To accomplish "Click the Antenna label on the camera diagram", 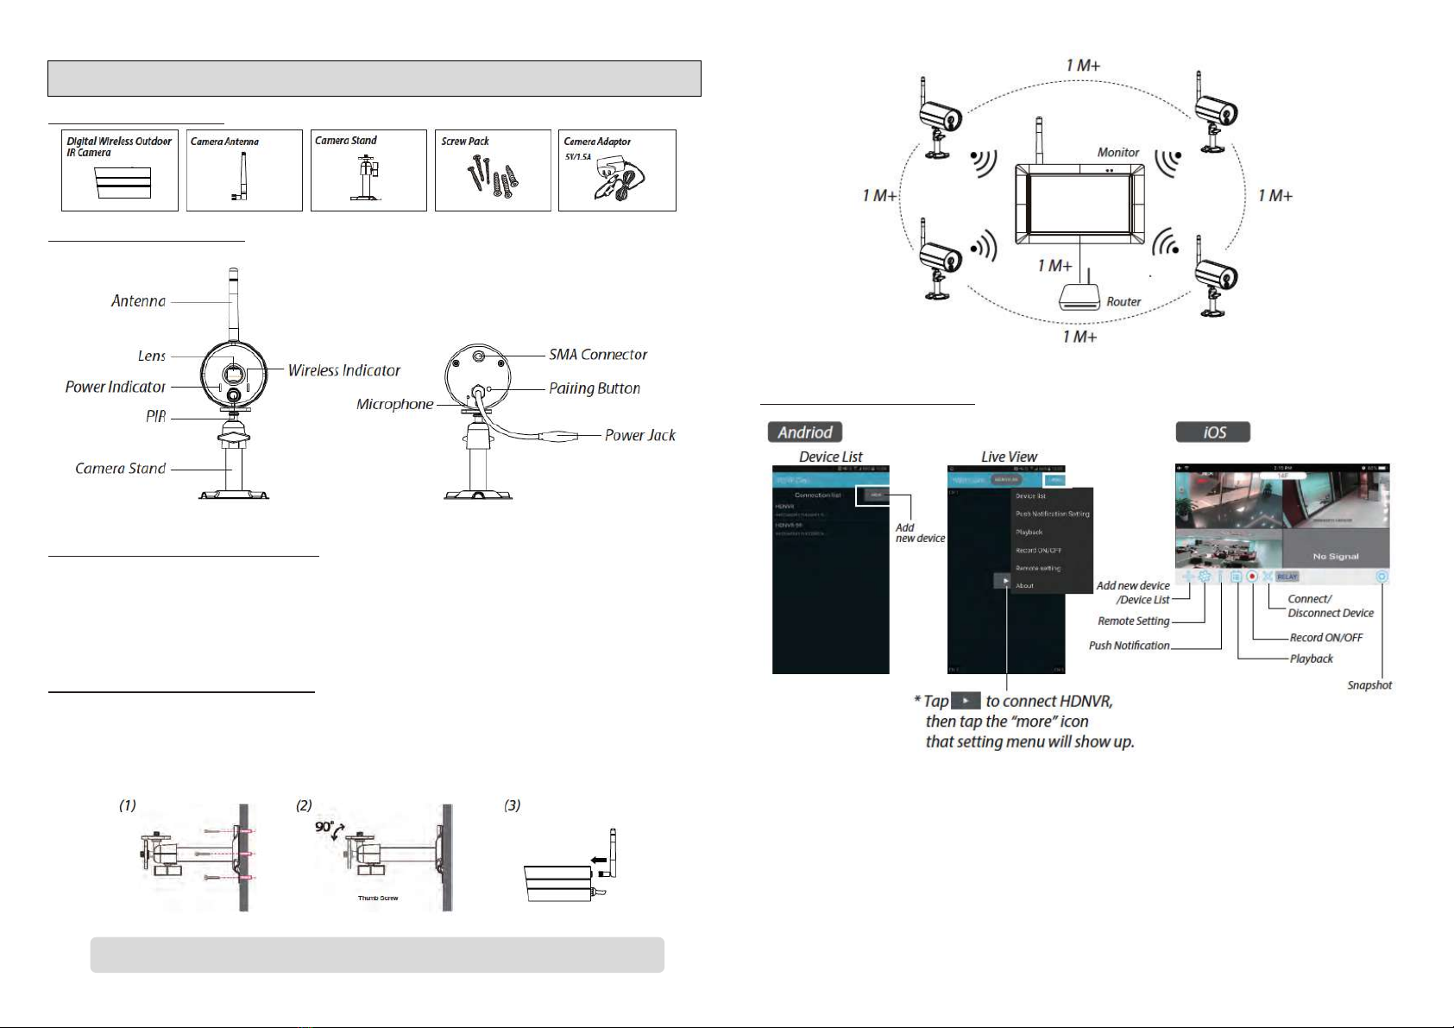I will (138, 301).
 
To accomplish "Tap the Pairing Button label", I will (595, 388).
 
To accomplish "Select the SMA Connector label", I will (598, 355).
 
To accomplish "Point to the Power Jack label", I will (639, 436).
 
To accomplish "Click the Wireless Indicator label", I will (343, 370).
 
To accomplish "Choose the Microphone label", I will (394, 404).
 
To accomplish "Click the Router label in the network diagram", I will (1124, 302).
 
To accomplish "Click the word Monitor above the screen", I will (1118, 153).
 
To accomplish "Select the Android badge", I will (805, 432).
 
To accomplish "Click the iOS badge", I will (1213, 432).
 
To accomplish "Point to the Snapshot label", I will (1369, 685).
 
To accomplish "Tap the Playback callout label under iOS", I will (1311, 659).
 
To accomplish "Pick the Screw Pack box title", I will (465, 142).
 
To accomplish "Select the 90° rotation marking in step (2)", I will (324, 826).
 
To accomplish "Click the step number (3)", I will (513, 805).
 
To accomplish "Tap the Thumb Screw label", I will (378, 899).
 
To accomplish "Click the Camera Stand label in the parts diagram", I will (120, 469).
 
